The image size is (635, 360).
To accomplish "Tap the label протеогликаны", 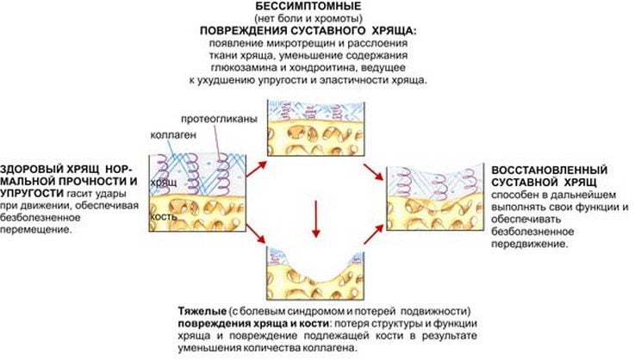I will click(220, 119).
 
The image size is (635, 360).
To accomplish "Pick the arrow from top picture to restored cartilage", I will click(371, 171).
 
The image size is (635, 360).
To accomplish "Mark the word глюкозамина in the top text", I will click(249, 66).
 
